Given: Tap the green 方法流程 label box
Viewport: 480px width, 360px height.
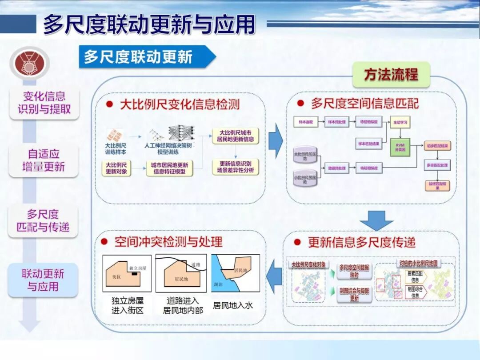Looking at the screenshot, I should click(391, 74).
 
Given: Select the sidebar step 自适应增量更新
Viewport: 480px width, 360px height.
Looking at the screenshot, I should click(44, 160).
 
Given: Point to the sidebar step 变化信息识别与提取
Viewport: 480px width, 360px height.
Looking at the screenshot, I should click(44, 103).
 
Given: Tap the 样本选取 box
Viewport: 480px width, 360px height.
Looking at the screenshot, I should click(306, 121).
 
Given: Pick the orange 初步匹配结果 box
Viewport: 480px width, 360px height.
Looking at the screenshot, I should click(437, 145).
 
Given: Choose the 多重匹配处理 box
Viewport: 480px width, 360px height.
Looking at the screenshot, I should click(437, 165).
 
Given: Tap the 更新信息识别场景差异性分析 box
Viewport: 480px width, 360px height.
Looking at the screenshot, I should click(236, 167).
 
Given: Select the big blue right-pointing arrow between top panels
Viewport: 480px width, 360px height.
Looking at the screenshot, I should click(276, 141).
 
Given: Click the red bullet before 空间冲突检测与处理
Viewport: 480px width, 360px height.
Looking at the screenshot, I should click(105, 242).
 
